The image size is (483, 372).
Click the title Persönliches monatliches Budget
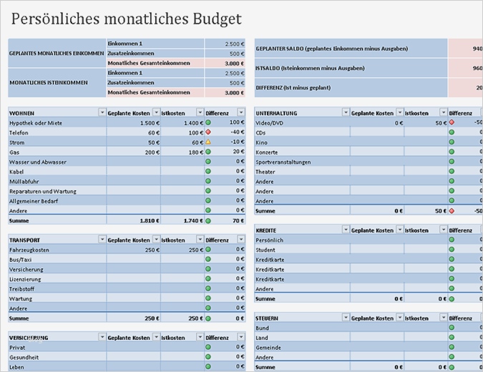tap(127, 19)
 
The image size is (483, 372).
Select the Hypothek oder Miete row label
tap(36, 123)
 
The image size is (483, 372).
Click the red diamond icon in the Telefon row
tap(208, 132)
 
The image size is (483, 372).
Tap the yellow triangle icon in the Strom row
tap(208, 142)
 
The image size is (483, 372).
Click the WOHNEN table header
tap(22, 113)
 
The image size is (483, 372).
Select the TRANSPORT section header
tap(26, 240)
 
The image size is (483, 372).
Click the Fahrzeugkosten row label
tap(29, 250)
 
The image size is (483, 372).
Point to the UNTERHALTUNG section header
tap(276, 113)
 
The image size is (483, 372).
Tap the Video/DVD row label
tap(271, 123)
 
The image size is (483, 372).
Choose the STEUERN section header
tap(267, 317)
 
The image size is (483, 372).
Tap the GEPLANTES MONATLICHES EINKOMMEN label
tap(57, 53)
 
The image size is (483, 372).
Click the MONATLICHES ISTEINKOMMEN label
tap(49, 82)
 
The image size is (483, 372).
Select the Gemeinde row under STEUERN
tap(269, 347)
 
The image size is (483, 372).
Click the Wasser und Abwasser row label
tap(38, 162)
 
